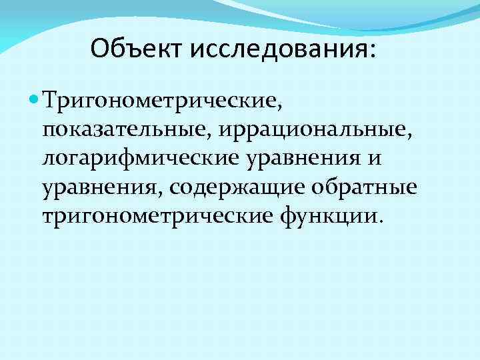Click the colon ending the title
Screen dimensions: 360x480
click(x=371, y=51)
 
